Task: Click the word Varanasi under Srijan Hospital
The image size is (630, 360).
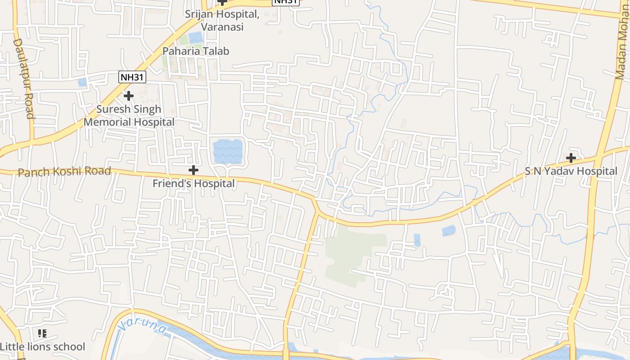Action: click(x=222, y=27)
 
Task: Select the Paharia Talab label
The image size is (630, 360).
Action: click(x=196, y=51)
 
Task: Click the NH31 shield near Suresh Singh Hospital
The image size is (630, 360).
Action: click(x=132, y=77)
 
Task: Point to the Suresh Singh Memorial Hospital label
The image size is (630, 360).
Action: click(x=129, y=116)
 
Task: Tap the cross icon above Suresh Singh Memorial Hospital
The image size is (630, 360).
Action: click(x=129, y=96)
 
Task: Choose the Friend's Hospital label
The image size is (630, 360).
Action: click(x=193, y=184)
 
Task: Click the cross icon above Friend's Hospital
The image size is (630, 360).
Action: click(x=193, y=170)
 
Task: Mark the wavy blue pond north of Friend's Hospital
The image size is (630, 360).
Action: click(x=228, y=151)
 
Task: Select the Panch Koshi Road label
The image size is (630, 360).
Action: click(x=64, y=171)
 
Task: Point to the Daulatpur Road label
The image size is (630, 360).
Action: click(x=23, y=78)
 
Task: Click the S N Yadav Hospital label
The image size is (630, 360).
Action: click(x=571, y=171)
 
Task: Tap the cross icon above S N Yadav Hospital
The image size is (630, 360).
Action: click(x=571, y=158)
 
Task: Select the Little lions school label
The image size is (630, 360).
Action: click(x=42, y=347)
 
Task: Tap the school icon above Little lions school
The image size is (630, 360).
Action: click(x=42, y=333)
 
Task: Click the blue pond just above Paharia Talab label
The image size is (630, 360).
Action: click(x=196, y=37)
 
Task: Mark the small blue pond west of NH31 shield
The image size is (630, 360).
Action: click(x=82, y=82)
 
